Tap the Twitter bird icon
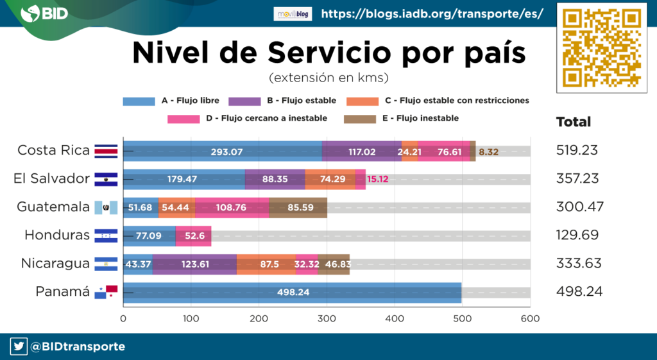[x=19, y=347]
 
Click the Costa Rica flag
[x=106, y=151]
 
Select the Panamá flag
[x=106, y=291]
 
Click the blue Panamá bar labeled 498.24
[x=292, y=292]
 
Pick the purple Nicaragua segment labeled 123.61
[x=194, y=264]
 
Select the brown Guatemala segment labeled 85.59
[x=298, y=207]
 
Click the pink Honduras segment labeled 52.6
[x=194, y=236]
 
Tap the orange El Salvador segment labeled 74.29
[x=330, y=179]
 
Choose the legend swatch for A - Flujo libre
[x=139, y=101]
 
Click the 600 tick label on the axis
[x=529, y=317]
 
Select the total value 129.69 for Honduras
[x=577, y=235]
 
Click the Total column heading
[x=573, y=122]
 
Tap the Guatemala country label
[x=53, y=207]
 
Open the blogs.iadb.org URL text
[x=432, y=13]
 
